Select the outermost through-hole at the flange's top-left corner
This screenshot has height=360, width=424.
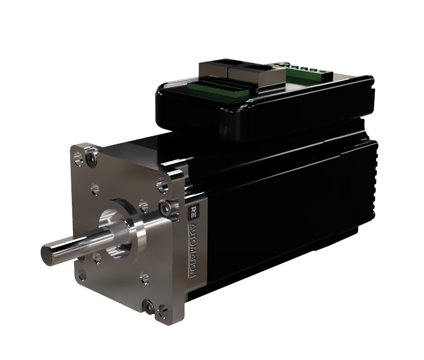click(77, 160)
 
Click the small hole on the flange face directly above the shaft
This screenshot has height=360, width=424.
click(95, 189)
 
